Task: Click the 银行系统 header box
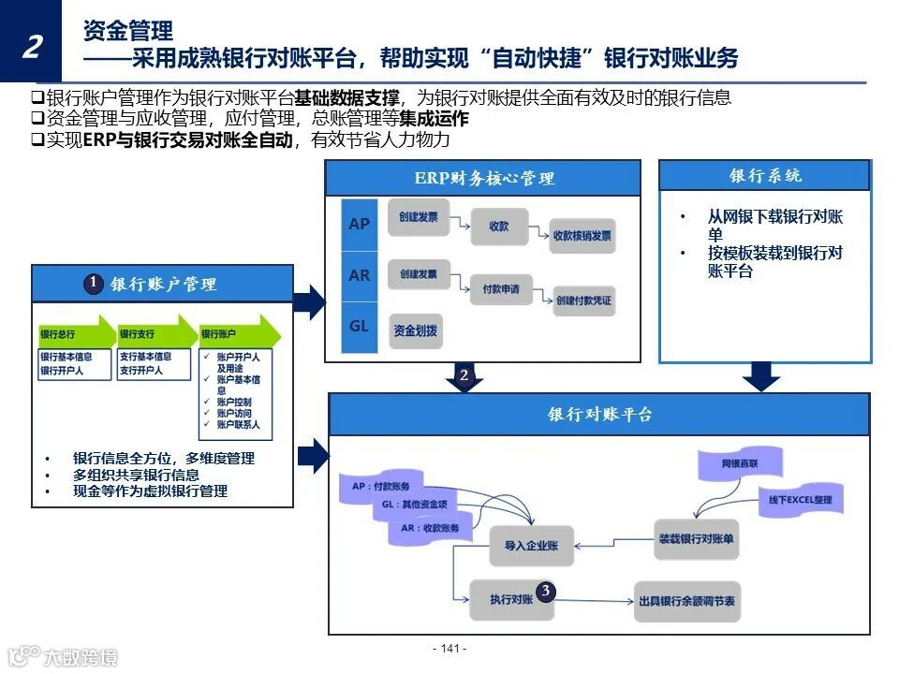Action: pos(765,176)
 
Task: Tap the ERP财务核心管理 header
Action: pos(483,178)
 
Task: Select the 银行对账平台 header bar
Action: pos(599,415)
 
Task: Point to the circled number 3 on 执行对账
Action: pos(546,591)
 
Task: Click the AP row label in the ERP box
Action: pos(359,225)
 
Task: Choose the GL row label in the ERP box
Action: pos(359,327)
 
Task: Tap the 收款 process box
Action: pos(498,227)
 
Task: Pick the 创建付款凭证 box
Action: pos(583,300)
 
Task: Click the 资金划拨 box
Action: pos(415,330)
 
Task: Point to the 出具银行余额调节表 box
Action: pos(686,600)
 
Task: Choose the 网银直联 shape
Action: pos(739,463)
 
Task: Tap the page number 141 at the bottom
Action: pos(449,649)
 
